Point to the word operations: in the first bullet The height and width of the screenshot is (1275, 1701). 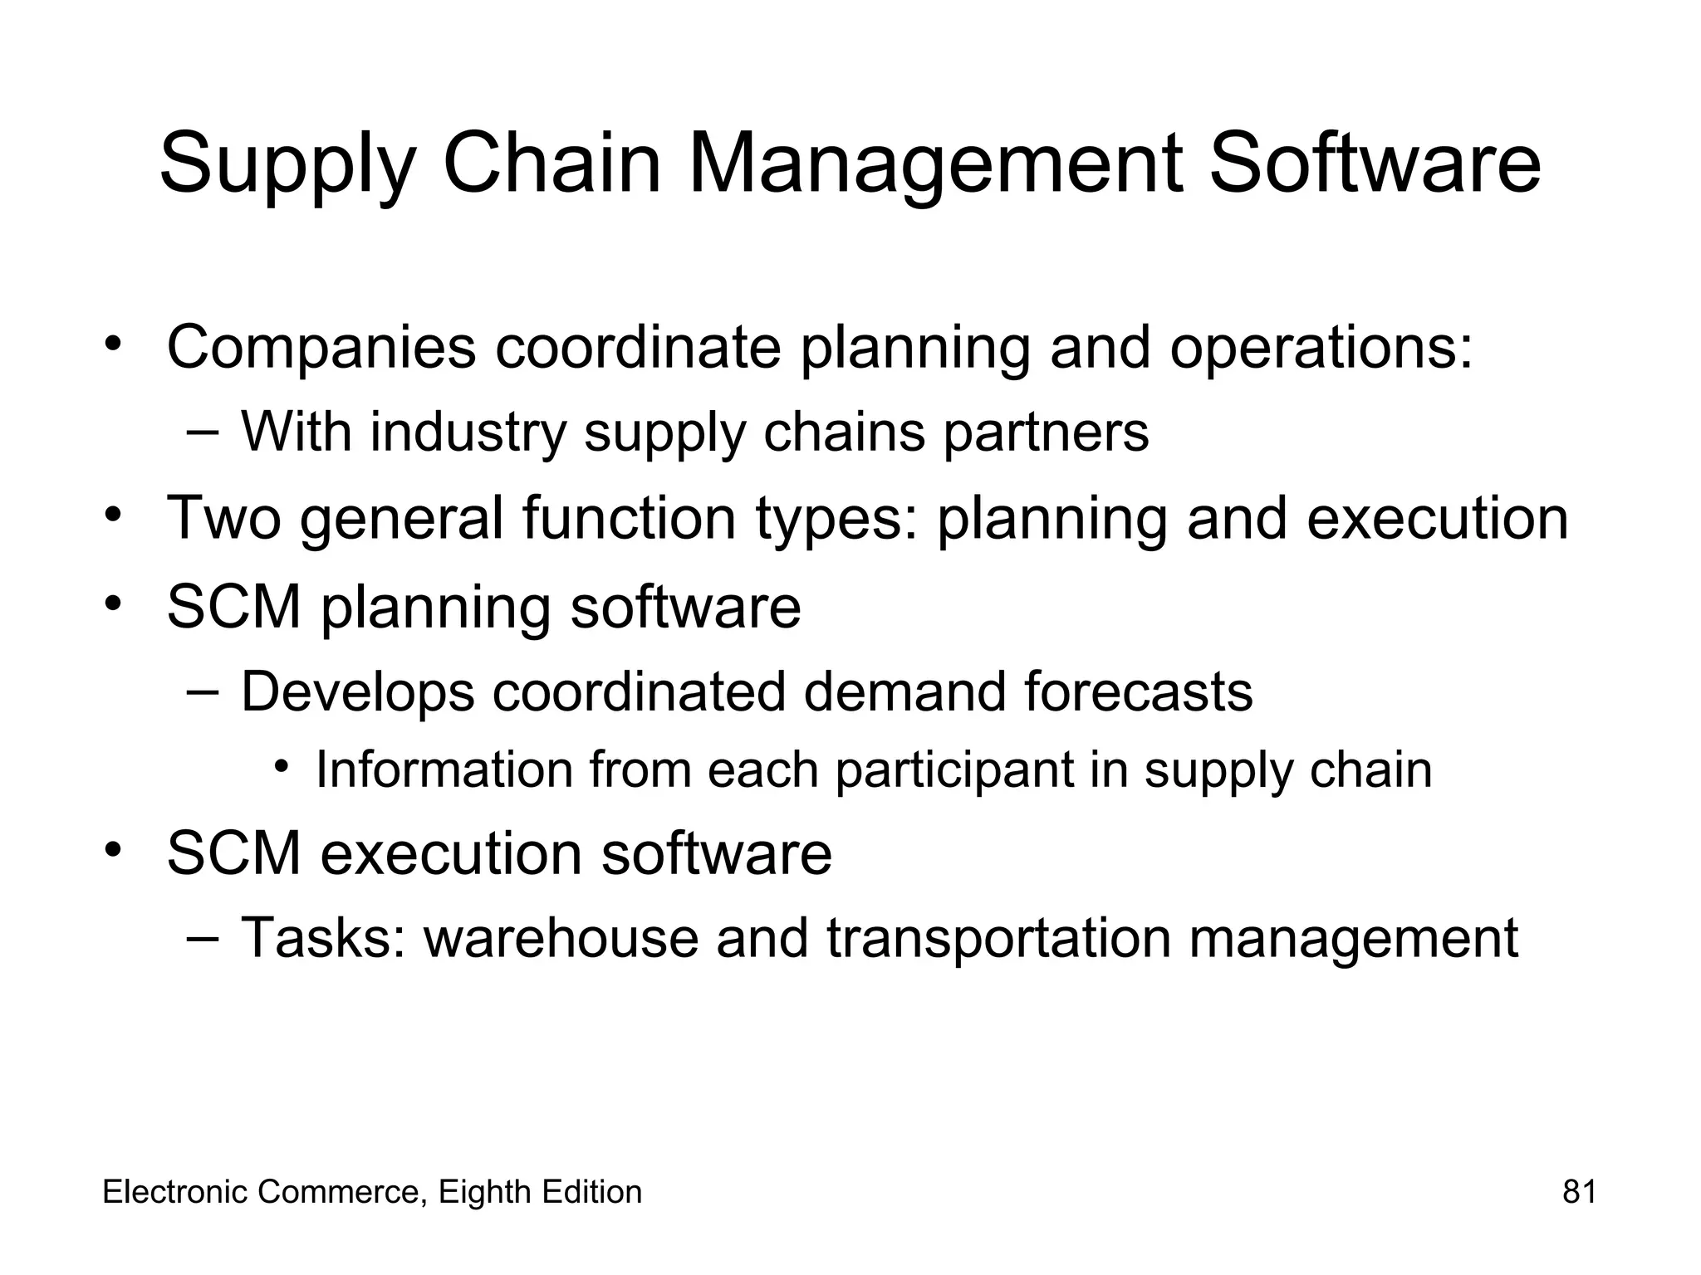pyautogui.click(x=1321, y=349)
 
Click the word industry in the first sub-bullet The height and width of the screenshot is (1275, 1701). pyautogui.click(x=468, y=433)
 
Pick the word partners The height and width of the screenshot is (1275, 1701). pyautogui.click(x=1046, y=433)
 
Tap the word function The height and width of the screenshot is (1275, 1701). pyautogui.click(x=629, y=518)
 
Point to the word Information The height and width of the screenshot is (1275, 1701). pyautogui.click(x=444, y=770)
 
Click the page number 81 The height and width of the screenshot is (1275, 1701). pyautogui.click(x=1579, y=1192)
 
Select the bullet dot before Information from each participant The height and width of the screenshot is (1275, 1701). pyautogui.click(x=282, y=767)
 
